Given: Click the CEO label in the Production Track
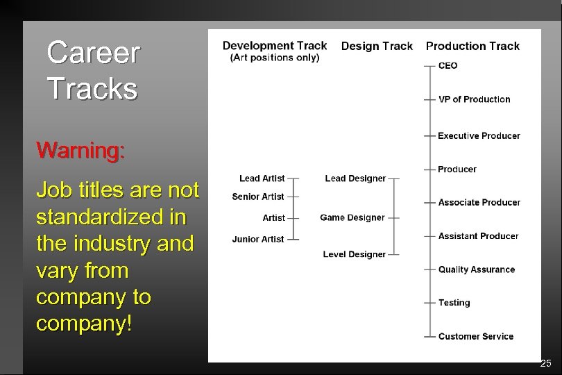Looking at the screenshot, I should pyautogui.click(x=448, y=66).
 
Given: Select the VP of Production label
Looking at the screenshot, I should pyautogui.click(x=474, y=99).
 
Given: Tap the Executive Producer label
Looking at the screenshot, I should pyautogui.click(x=479, y=135).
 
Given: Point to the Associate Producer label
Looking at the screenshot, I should pyautogui.click(x=479, y=203).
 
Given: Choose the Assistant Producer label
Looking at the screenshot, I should pyautogui.click(x=478, y=236).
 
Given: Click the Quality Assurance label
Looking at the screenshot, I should pyautogui.click(x=476, y=269).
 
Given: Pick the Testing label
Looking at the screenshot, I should pyautogui.click(x=454, y=303).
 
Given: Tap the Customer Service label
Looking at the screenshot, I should pyautogui.click(x=475, y=337).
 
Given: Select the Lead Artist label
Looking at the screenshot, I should pyautogui.click(x=262, y=178).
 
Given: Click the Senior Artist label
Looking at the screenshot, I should pyautogui.click(x=258, y=197).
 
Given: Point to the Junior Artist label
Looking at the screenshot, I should pyautogui.click(x=258, y=239).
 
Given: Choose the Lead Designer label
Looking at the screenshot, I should pyautogui.click(x=355, y=178).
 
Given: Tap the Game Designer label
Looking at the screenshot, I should pyautogui.click(x=352, y=217).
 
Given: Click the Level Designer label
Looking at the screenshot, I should pyautogui.click(x=355, y=254).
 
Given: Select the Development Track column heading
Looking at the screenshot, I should pyautogui.click(x=274, y=46).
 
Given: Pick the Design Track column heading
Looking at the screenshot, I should pyautogui.click(x=377, y=47).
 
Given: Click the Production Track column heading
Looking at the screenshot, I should pyautogui.click(x=472, y=47).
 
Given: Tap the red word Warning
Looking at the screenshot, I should pyautogui.click(x=80, y=150).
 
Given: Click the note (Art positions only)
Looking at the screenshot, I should pyautogui.click(x=274, y=58).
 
